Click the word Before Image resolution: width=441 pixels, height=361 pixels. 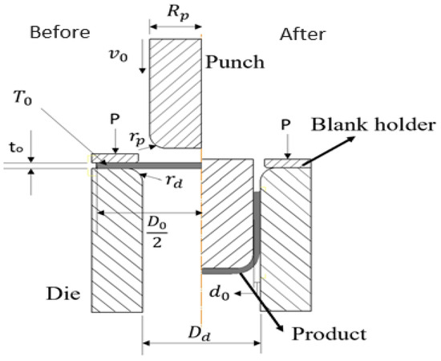[x=59, y=33]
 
